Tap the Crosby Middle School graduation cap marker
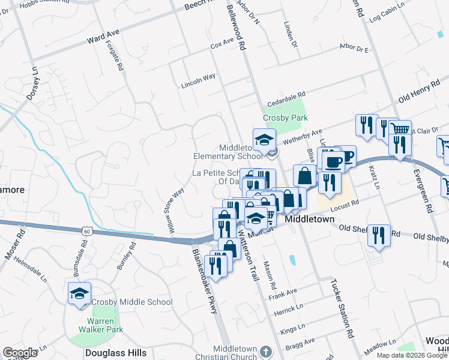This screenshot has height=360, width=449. click(x=79, y=294)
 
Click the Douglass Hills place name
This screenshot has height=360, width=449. click(x=116, y=353)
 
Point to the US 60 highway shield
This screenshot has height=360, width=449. click(x=88, y=230)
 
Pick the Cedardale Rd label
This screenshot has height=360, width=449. click(x=286, y=95)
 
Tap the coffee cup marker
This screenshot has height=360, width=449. click(x=334, y=160)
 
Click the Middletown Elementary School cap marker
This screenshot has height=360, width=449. click(x=264, y=140)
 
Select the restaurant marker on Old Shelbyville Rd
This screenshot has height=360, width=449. click(x=378, y=235)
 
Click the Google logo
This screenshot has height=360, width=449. click(x=20, y=353)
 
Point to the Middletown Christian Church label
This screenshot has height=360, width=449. click(x=235, y=353)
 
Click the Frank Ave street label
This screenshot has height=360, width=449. click(x=283, y=292)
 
